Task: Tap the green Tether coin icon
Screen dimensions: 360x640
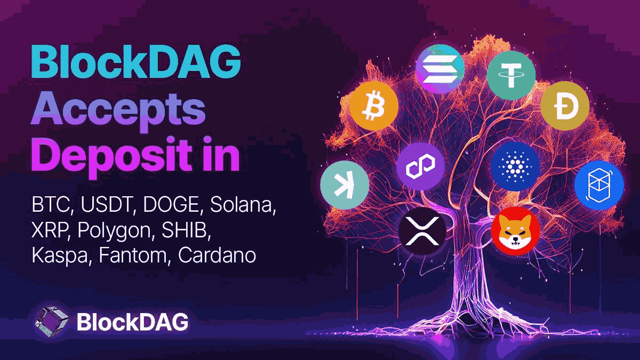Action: point(510,75)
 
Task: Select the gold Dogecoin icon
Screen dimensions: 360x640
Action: point(564,105)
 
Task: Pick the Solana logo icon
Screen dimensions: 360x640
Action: point(440,69)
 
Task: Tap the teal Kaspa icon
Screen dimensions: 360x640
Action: point(344,185)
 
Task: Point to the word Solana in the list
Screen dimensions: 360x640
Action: point(242,205)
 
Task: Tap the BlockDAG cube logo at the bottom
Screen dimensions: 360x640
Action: point(51,322)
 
